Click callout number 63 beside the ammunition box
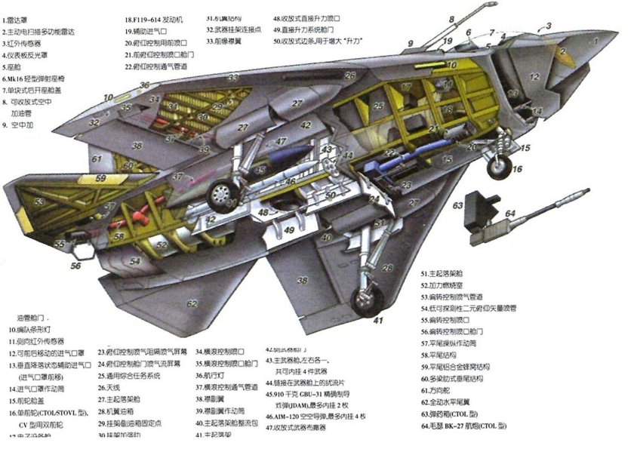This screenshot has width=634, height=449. (x=458, y=204)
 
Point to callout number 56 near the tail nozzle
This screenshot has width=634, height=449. (x=75, y=266)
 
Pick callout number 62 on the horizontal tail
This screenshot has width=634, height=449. (x=192, y=304)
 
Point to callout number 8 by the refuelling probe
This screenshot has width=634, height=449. (x=452, y=18)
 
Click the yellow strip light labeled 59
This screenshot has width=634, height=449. (x=100, y=179)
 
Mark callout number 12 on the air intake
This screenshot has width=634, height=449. (x=534, y=78)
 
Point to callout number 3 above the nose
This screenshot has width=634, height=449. (x=549, y=26)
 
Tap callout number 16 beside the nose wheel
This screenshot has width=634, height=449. (x=518, y=171)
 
